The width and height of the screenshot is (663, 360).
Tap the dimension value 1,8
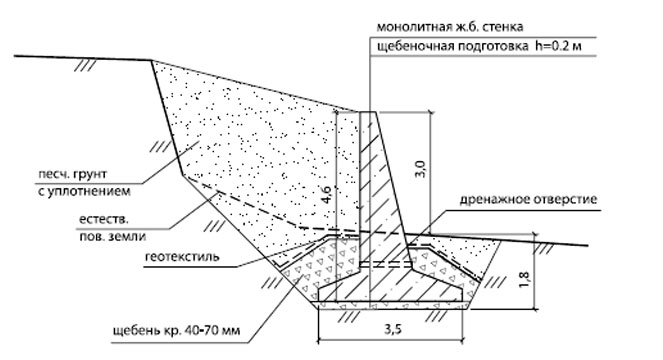(524, 280)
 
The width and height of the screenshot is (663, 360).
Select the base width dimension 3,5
(393, 329)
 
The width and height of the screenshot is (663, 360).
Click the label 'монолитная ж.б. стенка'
(450, 27)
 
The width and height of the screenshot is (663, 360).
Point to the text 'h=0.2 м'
(558, 46)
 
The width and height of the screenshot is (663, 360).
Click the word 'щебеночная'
(408, 47)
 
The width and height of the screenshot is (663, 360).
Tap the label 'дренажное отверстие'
(528, 199)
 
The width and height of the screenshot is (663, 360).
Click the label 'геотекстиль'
(182, 256)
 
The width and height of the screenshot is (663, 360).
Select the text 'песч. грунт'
(72, 174)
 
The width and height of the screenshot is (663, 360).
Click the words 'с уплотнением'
(84, 192)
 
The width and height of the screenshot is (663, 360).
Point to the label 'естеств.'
(104, 220)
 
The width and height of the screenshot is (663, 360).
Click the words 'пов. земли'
(112, 236)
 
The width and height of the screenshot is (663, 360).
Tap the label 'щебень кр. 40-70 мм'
(176, 330)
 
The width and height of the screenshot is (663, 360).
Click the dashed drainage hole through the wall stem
(385, 265)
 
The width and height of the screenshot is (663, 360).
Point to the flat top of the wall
(367, 112)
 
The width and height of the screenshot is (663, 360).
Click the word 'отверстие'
(564, 199)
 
